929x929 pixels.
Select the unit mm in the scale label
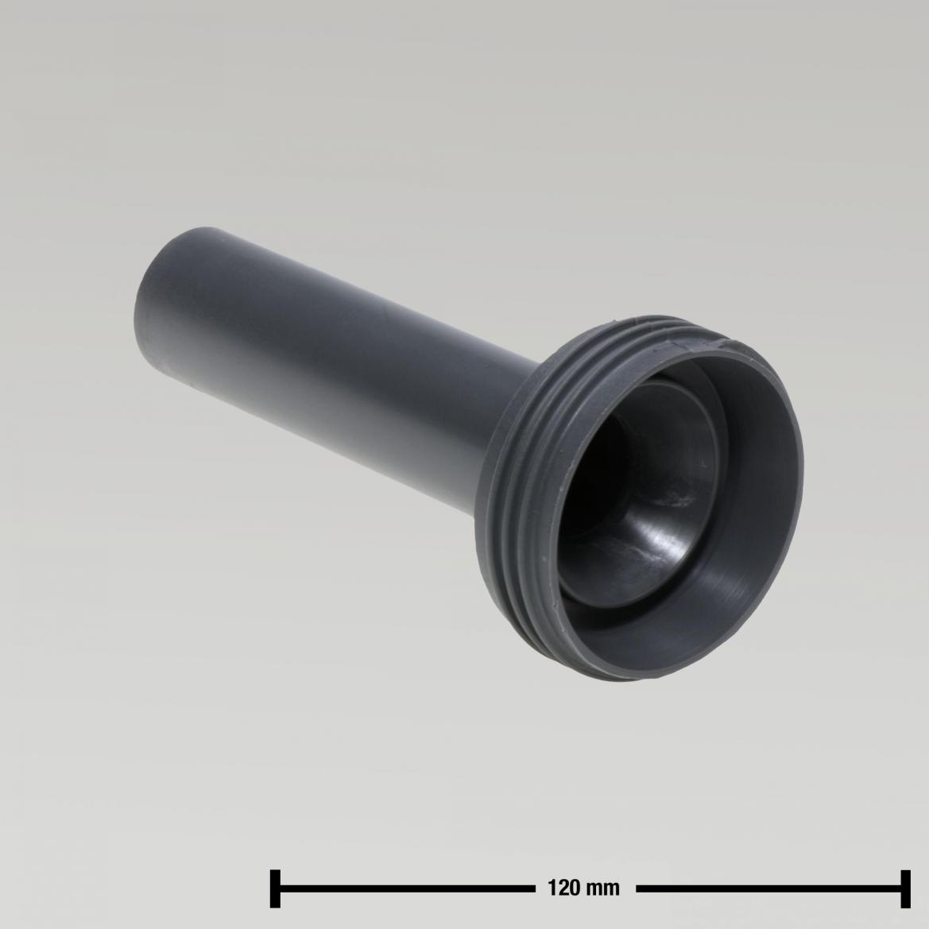(603, 888)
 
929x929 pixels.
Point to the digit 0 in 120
(573, 888)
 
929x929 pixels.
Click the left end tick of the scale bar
(276, 888)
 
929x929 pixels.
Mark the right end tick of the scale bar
(904, 888)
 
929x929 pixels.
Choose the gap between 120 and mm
(583, 888)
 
